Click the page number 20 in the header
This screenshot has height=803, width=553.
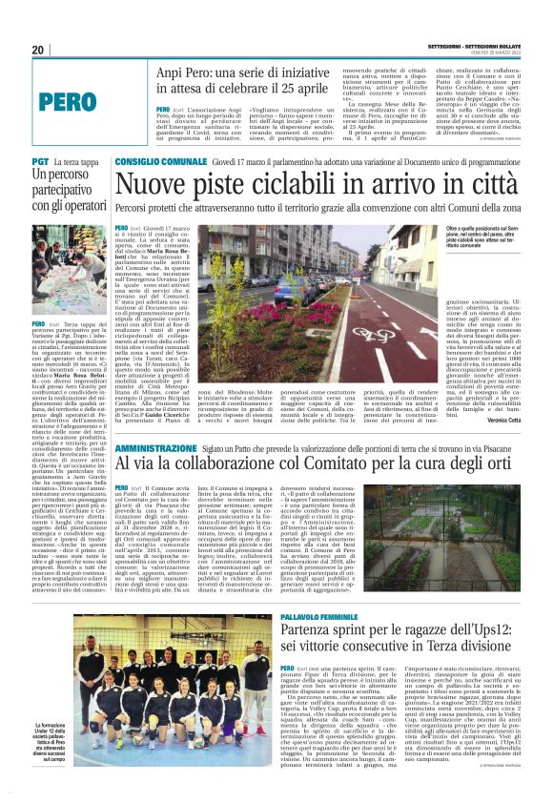(x=39, y=50)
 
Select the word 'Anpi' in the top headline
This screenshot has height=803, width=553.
(x=174, y=72)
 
